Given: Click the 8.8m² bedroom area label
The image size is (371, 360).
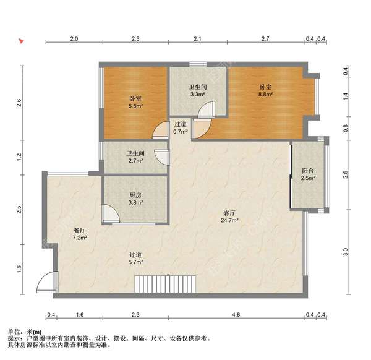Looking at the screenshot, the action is click(x=265, y=91).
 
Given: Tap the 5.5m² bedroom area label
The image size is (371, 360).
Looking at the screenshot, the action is click(x=135, y=102).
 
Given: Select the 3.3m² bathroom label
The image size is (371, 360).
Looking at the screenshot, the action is click(x=198, y=91).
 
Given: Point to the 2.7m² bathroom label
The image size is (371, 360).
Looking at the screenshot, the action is click(x=135, y=157).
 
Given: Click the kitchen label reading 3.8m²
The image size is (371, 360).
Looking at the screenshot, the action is click(x=135, y=199).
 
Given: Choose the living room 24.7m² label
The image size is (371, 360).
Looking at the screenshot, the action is click(x=229, y=216).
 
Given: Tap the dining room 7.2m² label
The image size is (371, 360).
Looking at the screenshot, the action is click(x=80, y=234).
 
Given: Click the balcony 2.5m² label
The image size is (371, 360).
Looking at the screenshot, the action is click(x=308, y=174).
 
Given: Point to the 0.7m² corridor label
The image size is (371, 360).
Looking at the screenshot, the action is click(x=181, y=128).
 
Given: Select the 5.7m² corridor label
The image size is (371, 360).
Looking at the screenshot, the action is click(x=135, y=259).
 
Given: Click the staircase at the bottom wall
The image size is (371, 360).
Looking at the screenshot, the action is click(x=165, y=284).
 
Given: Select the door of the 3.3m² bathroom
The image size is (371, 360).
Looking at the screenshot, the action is click(x=207, y=109).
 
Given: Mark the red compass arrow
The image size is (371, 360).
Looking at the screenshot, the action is click(x=22, y=41).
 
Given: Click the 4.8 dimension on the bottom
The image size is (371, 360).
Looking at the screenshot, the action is click(x=236, y=315).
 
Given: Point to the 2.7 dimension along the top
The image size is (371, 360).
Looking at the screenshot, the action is click(x=265, y=38).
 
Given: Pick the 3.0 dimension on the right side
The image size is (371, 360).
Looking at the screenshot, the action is click(x=346, y=252).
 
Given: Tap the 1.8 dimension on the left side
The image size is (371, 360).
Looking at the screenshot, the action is click(x=19, y=269).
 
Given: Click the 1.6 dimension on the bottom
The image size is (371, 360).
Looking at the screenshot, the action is click(x=80, y=315).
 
